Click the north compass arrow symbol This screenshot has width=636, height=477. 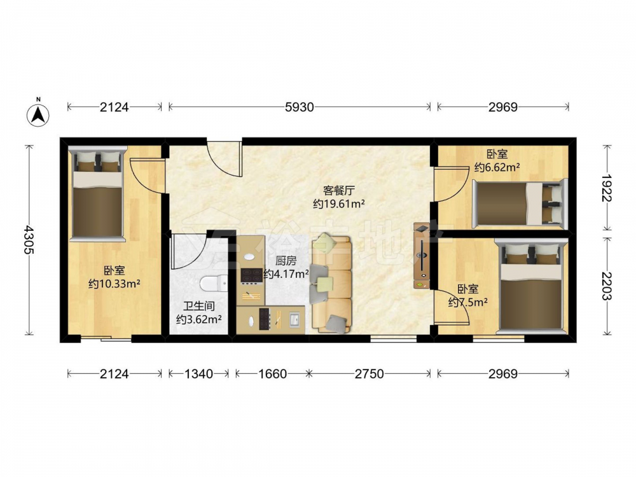coord(38,115)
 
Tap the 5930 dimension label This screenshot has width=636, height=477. coord(300,107)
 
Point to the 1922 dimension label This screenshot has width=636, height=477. coord(607,188)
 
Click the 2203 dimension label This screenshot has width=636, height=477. coord(607,286)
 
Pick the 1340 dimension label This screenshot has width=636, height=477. coord(198,373)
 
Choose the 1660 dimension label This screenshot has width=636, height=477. coord(273,373)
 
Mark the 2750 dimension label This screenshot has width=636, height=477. coord(369,373)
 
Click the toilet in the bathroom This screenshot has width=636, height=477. coord(214,283)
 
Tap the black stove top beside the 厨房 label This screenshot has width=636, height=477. coord(251,275)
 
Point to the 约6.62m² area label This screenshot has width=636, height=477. coord(497,167)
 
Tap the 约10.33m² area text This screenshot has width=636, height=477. coord(114,284)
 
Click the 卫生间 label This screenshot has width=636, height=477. coord(198,307)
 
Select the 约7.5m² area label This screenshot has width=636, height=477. coord(467,302)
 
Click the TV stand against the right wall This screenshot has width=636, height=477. coord(422,256)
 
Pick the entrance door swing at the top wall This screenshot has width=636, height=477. coord(225,159)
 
